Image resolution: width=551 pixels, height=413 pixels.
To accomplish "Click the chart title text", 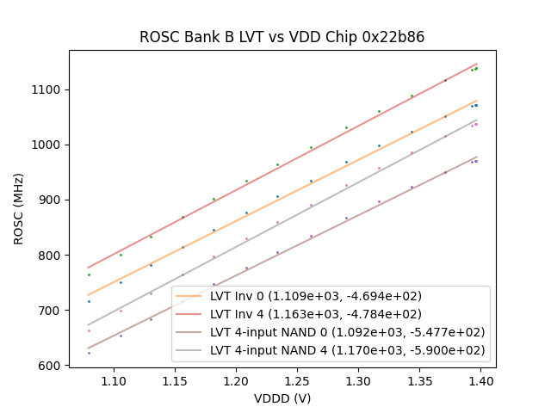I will tap(282, 38).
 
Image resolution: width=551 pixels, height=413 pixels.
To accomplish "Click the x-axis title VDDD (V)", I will tap(282, 398).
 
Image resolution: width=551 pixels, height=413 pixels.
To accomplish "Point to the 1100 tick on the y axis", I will tap(48, 89).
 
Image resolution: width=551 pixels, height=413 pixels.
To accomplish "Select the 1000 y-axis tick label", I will tap(48, 145).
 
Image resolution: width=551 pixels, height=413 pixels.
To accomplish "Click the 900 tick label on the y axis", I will tap(52, 200).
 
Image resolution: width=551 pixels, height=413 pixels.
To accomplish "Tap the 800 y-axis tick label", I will tap(52, 255).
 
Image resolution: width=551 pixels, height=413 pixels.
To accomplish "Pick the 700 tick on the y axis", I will tap(52, 310).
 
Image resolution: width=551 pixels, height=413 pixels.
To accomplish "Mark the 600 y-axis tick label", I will tap(52, 366).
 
